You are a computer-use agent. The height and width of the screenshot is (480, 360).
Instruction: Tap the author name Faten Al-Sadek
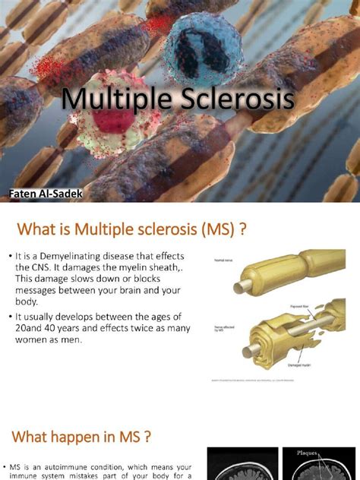click(47, 195)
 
